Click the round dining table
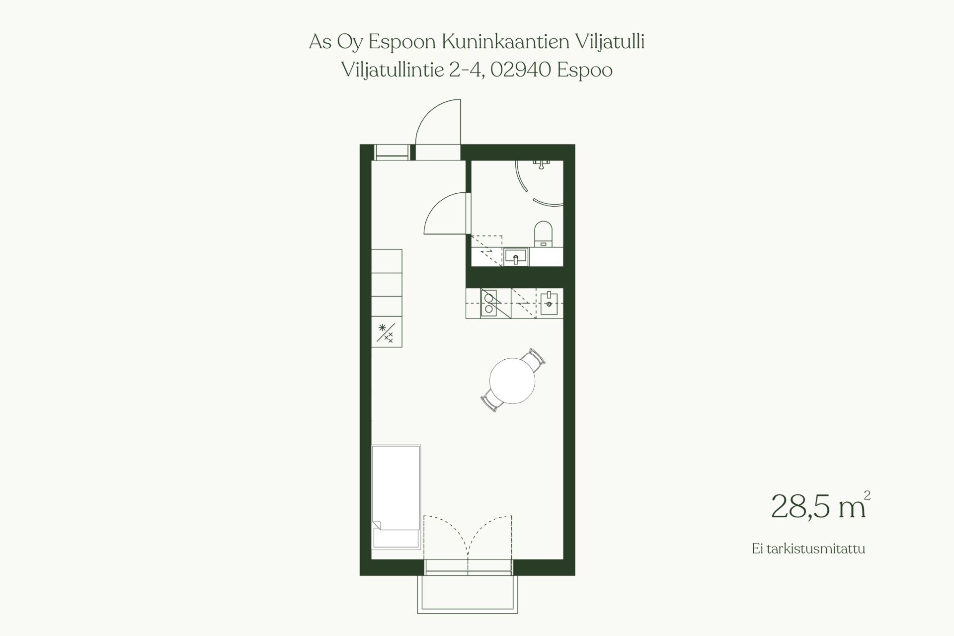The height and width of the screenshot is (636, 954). [x=512, y=381]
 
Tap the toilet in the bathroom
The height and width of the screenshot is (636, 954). [x=543, y=234]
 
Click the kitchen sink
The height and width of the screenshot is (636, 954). [x=549, y=304]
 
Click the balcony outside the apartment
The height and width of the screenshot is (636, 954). [x=468, y=594]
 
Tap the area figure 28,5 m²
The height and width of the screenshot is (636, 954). [x=820, y=506]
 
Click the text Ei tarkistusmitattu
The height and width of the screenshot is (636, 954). [x=808, y=549]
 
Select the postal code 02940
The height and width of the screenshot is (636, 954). [x=521, y=70]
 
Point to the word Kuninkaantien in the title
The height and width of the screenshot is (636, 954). [x=505, y=42]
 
